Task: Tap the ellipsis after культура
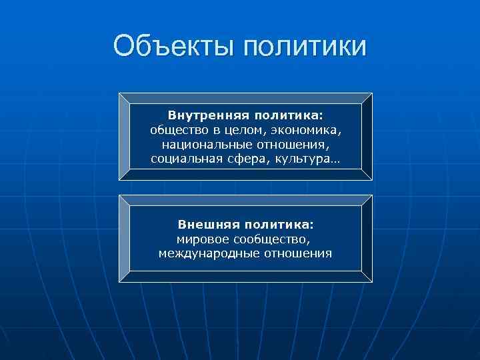point(333,160)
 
